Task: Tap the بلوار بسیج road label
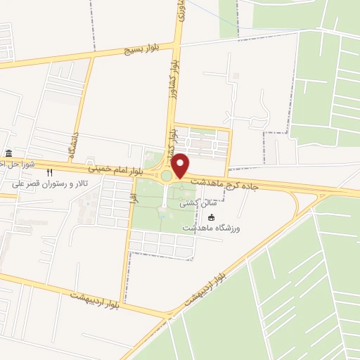coord(143,49)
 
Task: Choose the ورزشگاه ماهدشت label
coord(212,229)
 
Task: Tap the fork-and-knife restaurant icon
coord(49,172)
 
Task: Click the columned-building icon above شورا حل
coord(8,154)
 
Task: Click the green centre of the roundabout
coord(166,176)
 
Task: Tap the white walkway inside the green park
coord(165,200)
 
